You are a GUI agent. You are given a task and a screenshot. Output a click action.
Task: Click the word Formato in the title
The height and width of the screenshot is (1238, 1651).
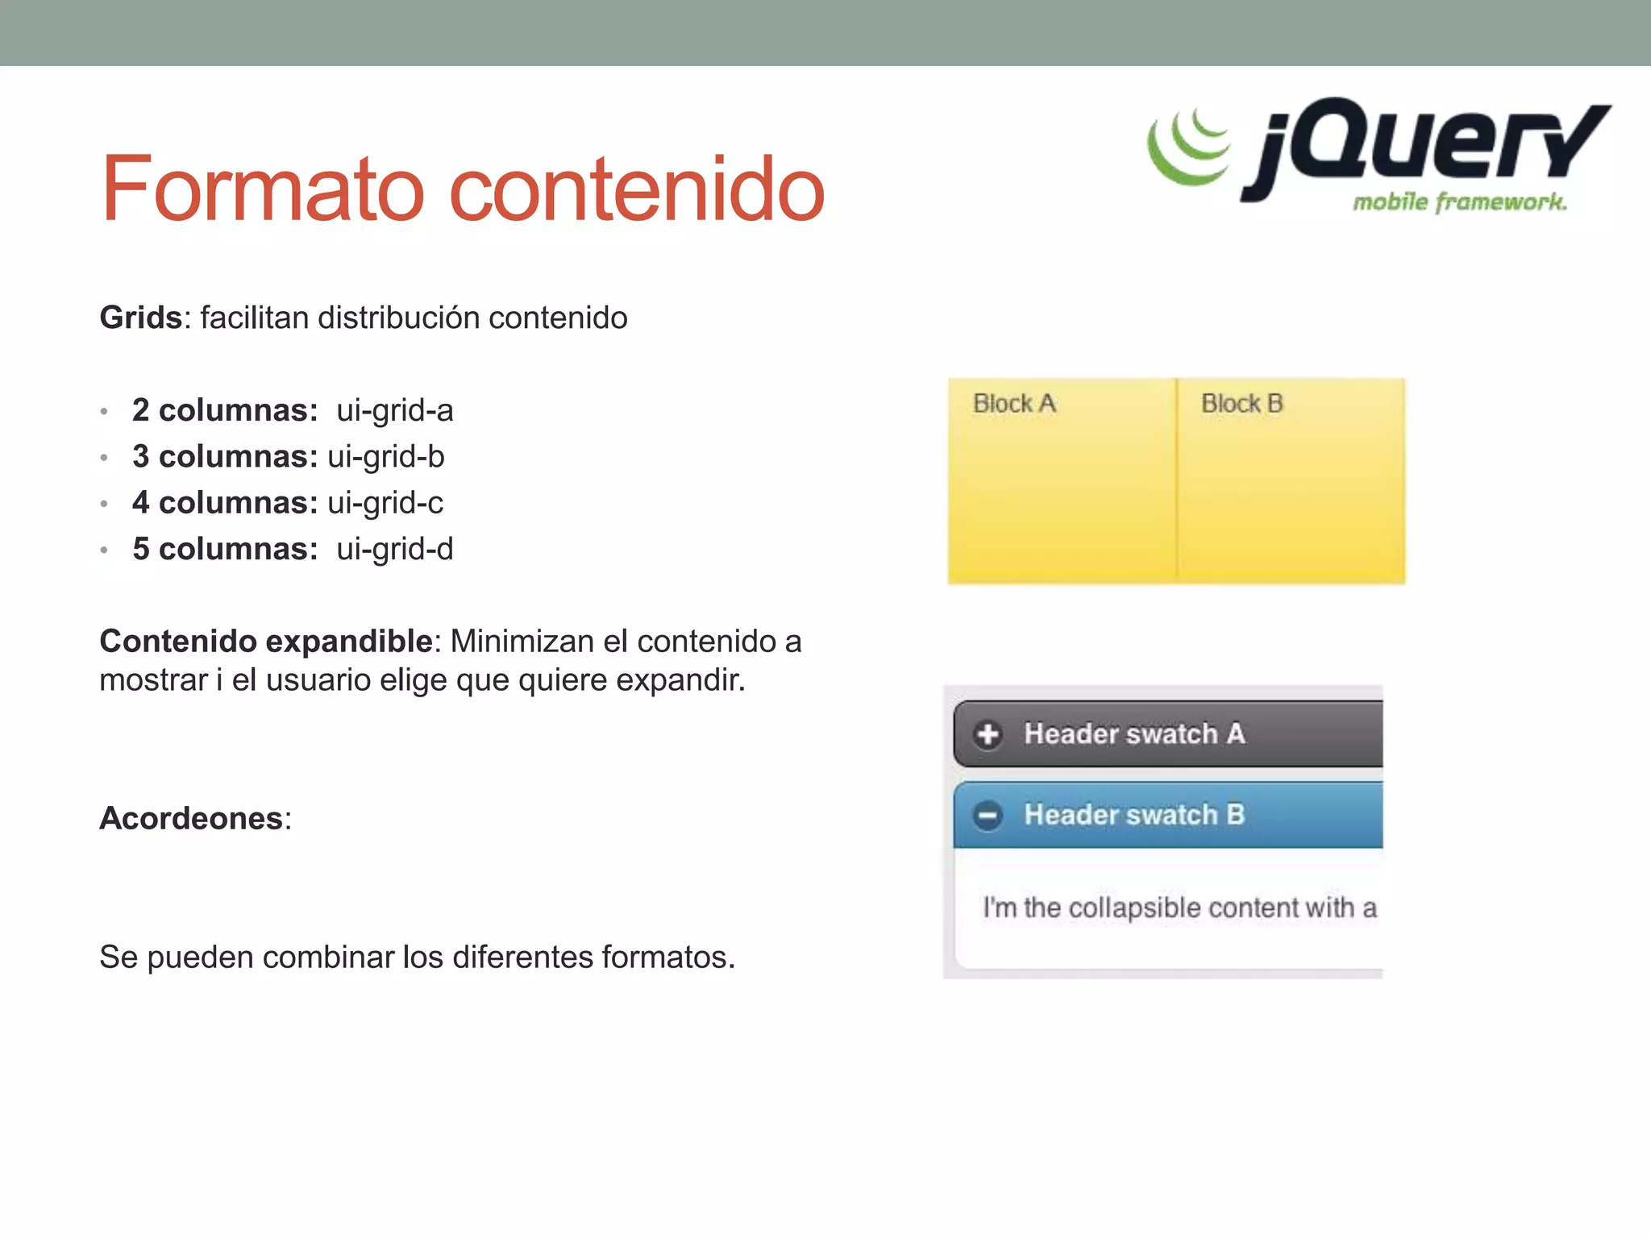click(x=263, y=189)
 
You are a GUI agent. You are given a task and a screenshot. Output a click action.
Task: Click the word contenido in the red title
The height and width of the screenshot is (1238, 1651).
click(x=636, y=189)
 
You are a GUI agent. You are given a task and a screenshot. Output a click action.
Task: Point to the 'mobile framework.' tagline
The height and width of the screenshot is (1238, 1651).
click(x=1459, y=201)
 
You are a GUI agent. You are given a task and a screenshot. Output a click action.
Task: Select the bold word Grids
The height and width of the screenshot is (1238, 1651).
click(x=140, y=318)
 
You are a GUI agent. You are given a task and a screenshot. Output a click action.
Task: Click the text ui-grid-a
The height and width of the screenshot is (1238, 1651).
click(x=395, y=410)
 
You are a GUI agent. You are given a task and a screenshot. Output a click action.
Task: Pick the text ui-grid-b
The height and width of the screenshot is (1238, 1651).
click(x=386, y=456)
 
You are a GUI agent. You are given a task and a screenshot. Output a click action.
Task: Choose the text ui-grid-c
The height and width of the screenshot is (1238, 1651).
click(x=385, y=503)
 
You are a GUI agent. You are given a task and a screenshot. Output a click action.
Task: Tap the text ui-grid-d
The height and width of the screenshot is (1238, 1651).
click(x=395, y=549)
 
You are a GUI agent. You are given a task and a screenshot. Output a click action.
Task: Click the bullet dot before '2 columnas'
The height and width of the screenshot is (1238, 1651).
click(x=104, y=412)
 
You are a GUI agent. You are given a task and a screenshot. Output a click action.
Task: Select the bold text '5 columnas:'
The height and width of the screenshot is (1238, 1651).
click(x=225, y=549)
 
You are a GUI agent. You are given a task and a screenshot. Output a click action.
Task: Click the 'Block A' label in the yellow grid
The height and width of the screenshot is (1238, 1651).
click(x=1014, y=403)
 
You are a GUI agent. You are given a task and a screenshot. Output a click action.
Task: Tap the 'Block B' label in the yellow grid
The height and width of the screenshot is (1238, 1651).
click(x=1241, y=403)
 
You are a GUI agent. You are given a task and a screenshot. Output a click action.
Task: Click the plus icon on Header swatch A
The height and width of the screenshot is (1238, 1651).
click(x=988, y=734)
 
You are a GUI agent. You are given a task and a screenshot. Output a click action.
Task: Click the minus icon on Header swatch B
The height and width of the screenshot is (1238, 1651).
click(x=988, y=816)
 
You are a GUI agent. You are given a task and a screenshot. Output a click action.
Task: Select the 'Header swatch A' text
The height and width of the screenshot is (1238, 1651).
click(x=1134, y=733)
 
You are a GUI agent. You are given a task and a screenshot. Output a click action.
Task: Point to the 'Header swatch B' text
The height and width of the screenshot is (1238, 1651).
click(x=1134, y=815)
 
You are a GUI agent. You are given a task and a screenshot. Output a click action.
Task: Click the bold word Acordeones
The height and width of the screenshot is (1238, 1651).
click(x=191, y=818)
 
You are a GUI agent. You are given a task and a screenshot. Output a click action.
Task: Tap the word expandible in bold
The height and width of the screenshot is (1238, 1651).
click(x=349, y=642)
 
